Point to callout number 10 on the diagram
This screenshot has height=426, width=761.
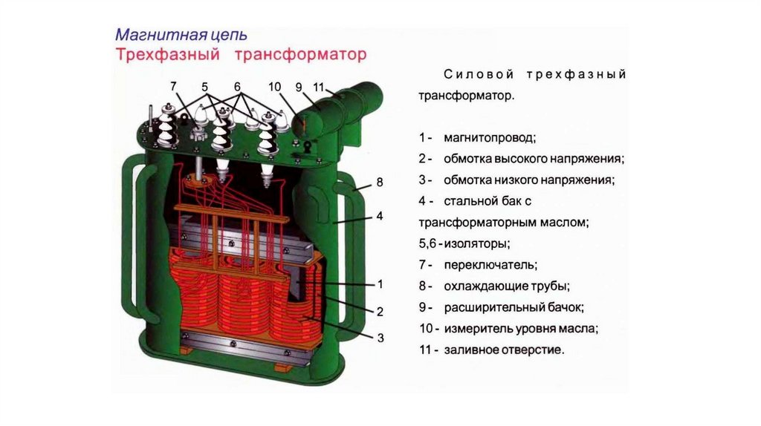pos(275,87)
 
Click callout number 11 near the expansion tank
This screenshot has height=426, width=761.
pos(319,87)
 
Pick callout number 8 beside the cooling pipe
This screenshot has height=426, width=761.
pos(379,182)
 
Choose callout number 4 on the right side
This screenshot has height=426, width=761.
pos(379,216)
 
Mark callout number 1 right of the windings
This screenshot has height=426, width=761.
pos(380,284)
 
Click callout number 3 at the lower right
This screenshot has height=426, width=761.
pos(380,338)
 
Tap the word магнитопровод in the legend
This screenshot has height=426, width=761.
pos(489,138)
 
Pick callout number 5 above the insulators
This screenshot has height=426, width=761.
pos(205,87)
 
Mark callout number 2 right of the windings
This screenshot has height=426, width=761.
pos(380,311)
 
